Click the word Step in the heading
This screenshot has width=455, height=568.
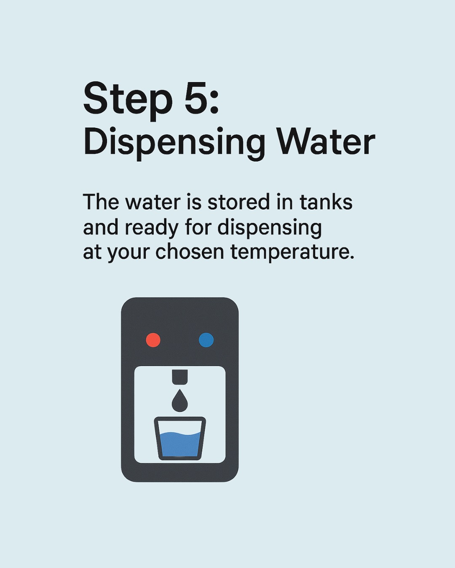pos(126,102)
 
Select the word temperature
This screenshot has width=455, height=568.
pos(292,253)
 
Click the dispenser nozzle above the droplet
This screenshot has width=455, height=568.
pos(180,377)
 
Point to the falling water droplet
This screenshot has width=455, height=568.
pos(180,400)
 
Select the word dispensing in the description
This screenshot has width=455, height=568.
pos(269,228)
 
